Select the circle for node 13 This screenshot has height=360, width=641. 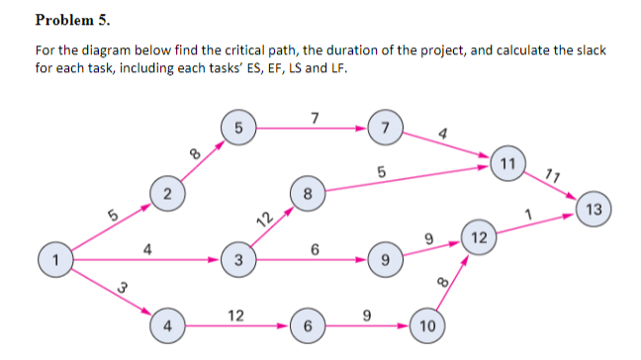pyautogui.click(x=593, y=209)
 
